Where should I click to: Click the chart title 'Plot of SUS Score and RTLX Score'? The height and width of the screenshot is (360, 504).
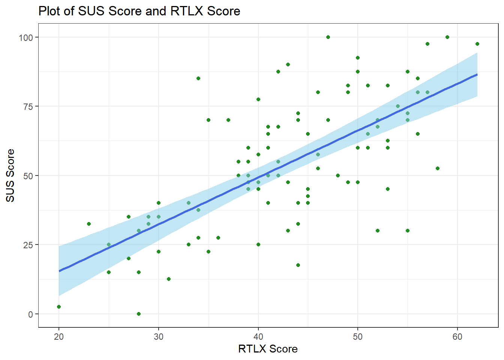click(139, 11)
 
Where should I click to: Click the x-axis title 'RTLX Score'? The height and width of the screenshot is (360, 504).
click(268, 349)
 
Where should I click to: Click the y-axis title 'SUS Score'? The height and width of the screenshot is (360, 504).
click(10, 175)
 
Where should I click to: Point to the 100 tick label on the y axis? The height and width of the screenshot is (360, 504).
click(26, 37)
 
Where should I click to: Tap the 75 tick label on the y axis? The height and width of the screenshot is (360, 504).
click(28, 106)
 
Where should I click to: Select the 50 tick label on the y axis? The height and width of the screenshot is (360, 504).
click(28, 175)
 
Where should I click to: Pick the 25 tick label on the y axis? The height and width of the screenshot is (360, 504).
click(28, 245)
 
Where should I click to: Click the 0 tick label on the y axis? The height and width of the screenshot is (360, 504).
click(31, 314)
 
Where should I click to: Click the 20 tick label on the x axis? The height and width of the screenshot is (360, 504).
click(59, 337)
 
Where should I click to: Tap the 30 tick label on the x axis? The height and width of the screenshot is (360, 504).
click(159, 337)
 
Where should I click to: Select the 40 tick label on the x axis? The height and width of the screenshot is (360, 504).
click(258, 337)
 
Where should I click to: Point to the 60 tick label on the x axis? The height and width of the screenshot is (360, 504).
click(457, 337)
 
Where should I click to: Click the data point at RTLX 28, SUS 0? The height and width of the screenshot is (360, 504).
click(139, 314)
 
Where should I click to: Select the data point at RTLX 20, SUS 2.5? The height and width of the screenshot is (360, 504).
click(59, 307)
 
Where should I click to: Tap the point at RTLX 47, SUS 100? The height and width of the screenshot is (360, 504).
click(328, 37)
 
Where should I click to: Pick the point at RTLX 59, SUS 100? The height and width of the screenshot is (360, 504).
click(447, 37)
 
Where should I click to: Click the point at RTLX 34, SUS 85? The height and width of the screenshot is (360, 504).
click(198, 78)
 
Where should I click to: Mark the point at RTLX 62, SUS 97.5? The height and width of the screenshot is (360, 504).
click(477, 44)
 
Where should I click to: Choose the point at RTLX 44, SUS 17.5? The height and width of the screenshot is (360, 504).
click(298, 265)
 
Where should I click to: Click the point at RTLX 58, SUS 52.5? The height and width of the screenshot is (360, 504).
click(438, 168)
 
